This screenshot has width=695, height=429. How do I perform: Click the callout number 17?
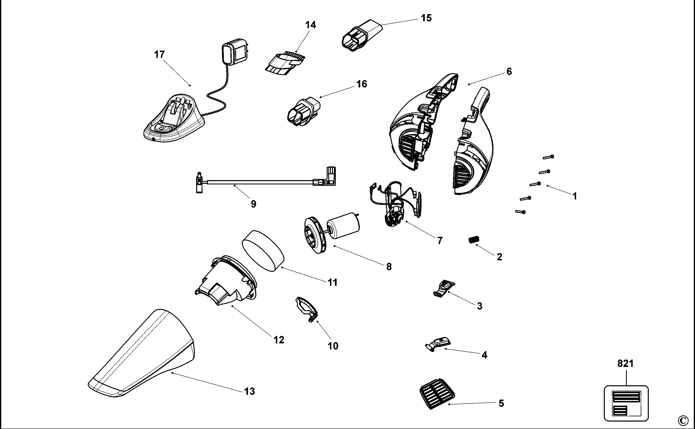tap(159, 54)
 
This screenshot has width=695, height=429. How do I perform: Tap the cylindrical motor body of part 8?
tap(343, 226)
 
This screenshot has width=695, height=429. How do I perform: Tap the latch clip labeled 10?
tap(307, 309)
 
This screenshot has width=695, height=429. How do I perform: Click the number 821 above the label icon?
tap(625, 364)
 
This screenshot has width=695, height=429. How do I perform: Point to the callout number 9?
tap(253, 204)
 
